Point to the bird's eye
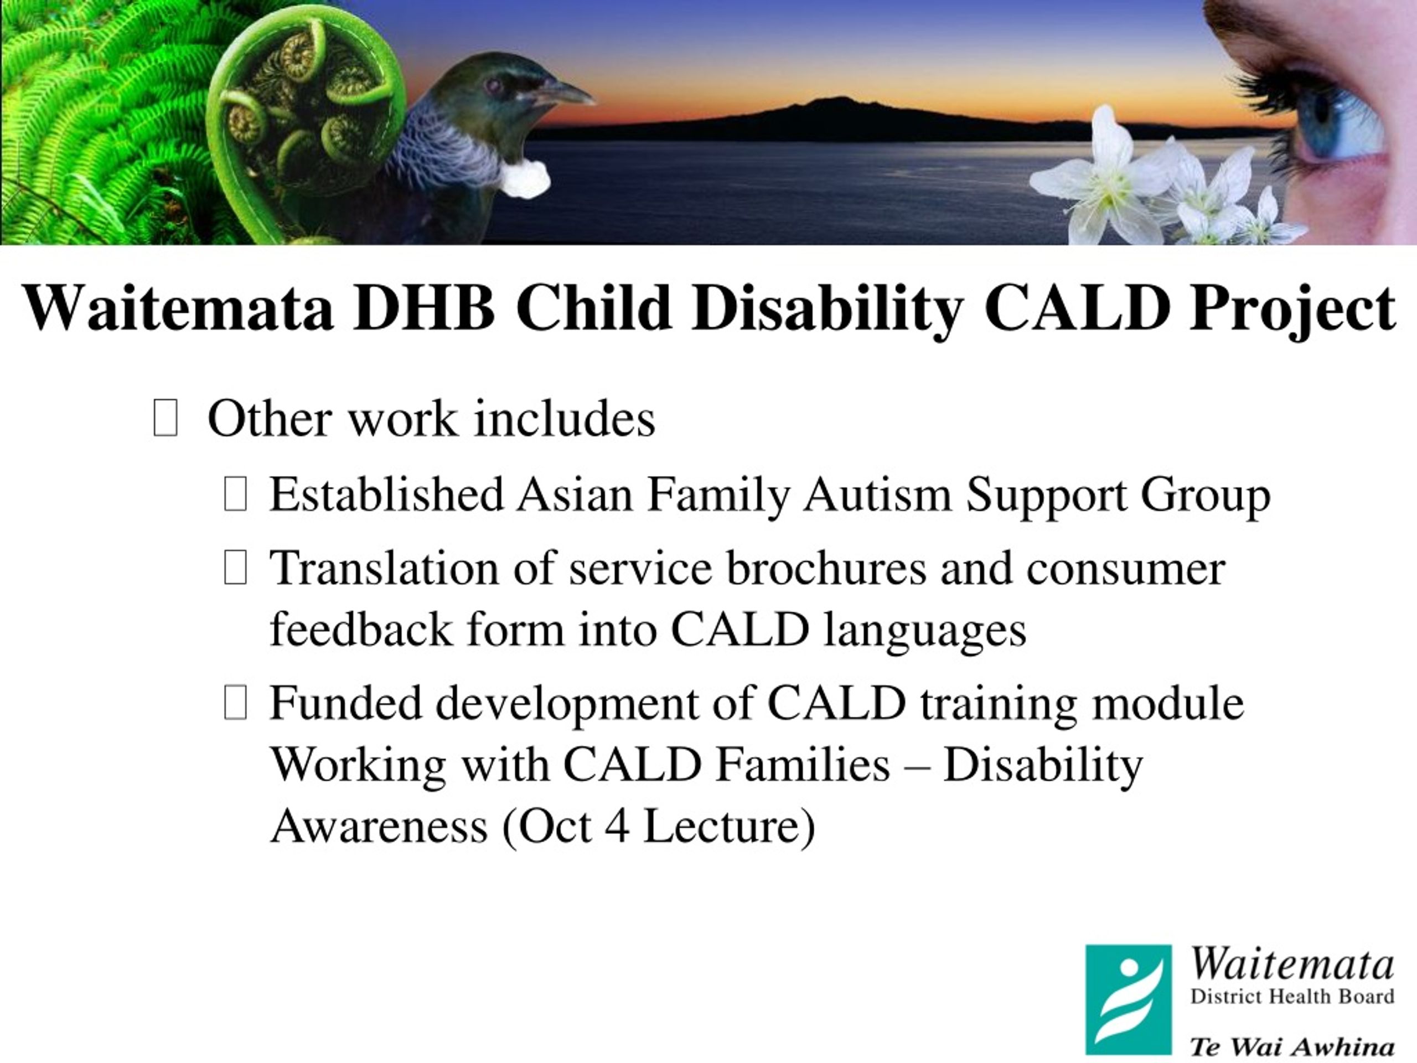point(494,85)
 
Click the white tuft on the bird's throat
point(525,178)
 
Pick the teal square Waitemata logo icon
point(1128,999)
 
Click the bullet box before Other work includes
point(166,418)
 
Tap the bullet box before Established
point(235,494)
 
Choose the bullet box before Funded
point(235,702)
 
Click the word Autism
point(877,494)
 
